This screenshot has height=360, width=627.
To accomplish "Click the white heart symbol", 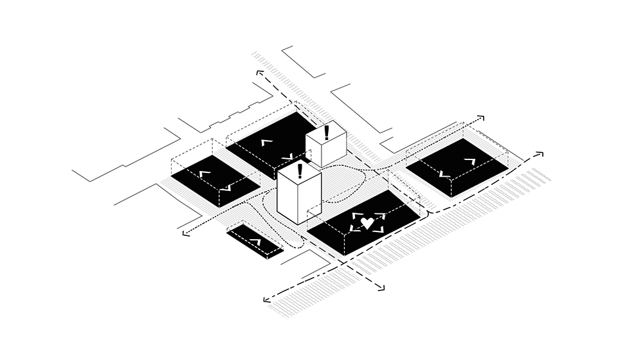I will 367,223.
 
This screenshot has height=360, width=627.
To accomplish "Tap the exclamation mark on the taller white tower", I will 300,170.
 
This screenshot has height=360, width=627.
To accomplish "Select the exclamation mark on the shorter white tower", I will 327,132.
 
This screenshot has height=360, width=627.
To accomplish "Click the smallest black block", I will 255,241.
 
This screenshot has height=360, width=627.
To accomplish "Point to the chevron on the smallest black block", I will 255,242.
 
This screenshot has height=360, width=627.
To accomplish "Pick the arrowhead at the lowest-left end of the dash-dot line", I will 266,300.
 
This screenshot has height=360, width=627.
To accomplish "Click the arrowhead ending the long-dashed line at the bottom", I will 381,289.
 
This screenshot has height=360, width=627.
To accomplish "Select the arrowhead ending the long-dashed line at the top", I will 259,73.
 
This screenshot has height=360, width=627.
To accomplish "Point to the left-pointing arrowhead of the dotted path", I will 185,233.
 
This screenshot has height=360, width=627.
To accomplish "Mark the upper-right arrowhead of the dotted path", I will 480,118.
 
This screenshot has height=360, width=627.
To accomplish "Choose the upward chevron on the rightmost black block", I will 471,161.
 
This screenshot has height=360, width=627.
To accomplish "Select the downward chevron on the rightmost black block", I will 442,174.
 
